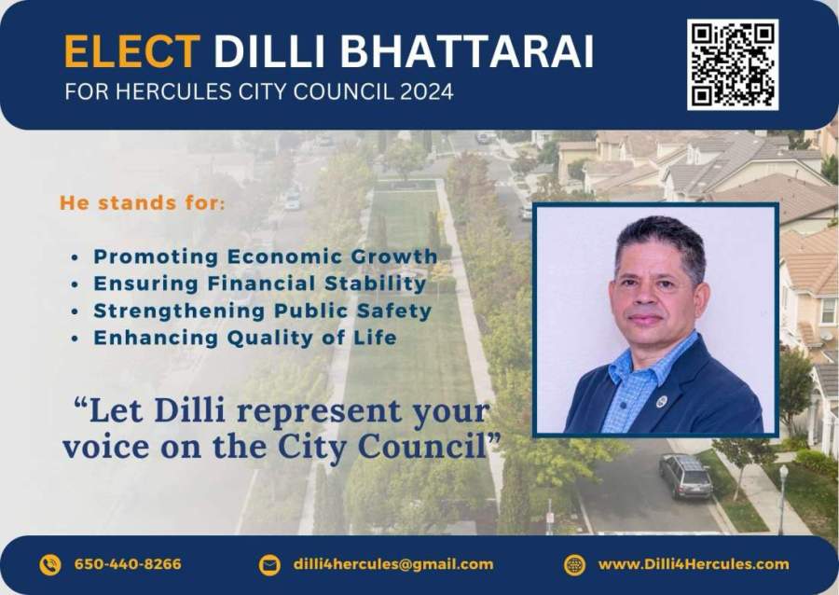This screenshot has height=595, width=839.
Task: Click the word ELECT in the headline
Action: coord(131,51)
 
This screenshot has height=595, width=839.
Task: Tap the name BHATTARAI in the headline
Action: coord(467,51)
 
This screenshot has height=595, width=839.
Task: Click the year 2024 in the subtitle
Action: coord(426,91)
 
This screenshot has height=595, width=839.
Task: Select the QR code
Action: coord(733,64)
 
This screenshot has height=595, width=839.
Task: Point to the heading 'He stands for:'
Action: coord(143,202)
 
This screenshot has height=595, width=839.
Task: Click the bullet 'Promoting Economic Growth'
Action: coord(266,256)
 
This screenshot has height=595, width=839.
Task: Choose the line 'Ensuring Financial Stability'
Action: coord(260,284)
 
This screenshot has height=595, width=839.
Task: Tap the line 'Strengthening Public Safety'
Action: coord(262,311)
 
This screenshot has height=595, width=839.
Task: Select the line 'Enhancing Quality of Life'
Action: coord(245,338)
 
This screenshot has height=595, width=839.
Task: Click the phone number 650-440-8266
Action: coord(128,564)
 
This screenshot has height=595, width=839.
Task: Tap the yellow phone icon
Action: coord(50,564)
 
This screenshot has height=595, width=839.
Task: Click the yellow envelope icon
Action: coord(269,565)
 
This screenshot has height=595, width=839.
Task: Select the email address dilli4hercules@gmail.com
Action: coord(393,564)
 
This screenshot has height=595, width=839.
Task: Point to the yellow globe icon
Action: coord(574,565)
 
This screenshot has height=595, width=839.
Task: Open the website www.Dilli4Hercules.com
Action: coord(694,564)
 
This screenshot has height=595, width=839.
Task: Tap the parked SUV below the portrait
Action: coord(685,475)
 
